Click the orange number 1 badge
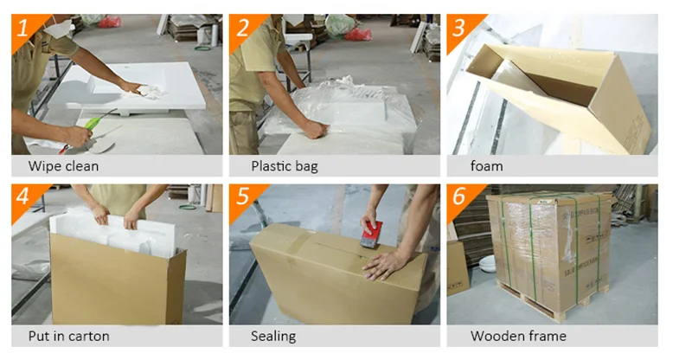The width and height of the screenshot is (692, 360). point(24,28)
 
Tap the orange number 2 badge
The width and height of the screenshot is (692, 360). point(242,28)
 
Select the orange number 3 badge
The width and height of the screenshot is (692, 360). point(459,28)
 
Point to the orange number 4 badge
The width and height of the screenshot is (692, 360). point(24,198)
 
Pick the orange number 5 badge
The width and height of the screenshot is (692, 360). point(242,198)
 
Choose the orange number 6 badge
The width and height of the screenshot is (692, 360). point(459,198)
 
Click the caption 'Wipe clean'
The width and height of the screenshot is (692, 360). point(63,166)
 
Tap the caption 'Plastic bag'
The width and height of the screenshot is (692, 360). point(285,166)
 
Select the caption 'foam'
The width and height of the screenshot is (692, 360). point(486,166)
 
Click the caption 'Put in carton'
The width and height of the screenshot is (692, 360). point(68,336)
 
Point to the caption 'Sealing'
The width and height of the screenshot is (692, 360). point(273,336)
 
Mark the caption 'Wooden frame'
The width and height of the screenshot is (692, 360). point(518,336)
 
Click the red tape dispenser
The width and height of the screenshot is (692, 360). point(371,235)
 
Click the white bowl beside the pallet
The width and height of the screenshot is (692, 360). point(487,263)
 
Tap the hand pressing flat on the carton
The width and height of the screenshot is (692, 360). point(385,264)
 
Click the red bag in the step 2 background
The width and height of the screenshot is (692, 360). point(358,34)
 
